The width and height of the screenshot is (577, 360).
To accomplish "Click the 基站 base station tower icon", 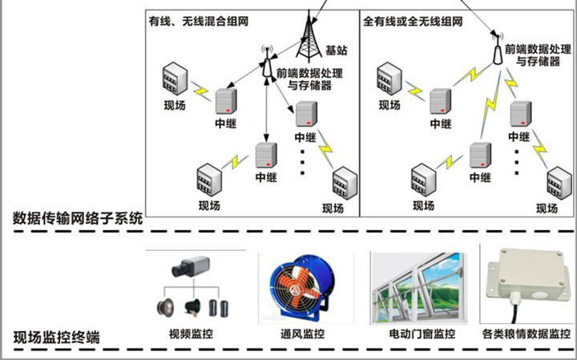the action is pyautogui.click(x=309, y=36).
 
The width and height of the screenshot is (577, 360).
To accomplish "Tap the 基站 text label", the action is pyautogui.click(x=337, y=50).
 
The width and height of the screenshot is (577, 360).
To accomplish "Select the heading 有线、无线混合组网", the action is pyautogui.click(x=199, y=21).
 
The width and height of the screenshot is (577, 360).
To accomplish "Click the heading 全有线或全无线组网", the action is pyautogui.click(x=413, y=21).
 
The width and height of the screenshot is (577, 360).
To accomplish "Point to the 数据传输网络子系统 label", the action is pyautogui.click(x=78, y=218).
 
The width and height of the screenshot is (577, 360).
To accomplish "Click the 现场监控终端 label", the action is pyautogui.click(x=56, y=338).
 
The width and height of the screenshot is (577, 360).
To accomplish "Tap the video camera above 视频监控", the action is pyautogui.click(x=190, y=266).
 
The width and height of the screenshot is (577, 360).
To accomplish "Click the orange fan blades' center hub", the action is pyautogui.click(x=294, y=290).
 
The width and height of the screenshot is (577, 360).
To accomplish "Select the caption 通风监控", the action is pyautogui.click(x=302, y=334).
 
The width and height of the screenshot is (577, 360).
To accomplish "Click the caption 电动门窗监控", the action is pyautogui.click(x=422, y=334).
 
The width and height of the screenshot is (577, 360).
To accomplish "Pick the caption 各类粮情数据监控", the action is pyautogui.click(x=527, y=334).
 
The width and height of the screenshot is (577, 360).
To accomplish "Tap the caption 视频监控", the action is pyautogui.click(x=191, y=334).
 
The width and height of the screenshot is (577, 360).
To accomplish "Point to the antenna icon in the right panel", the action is pyautogui.click(x=498, y=49).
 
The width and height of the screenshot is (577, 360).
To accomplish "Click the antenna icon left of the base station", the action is pyautogui.click(x=267, y=62).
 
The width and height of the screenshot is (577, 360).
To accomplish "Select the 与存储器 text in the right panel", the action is pyautogui.click(x=538, y=61).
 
